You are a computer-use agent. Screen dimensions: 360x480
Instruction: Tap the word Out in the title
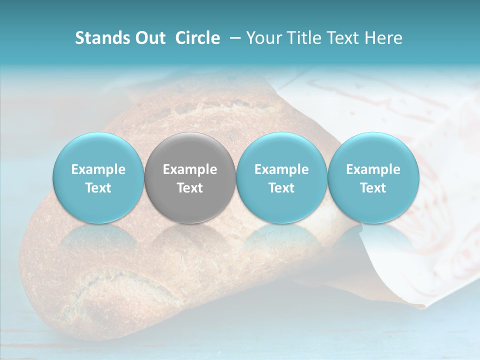[149, 38]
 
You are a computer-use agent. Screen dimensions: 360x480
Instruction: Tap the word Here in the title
[383, 38]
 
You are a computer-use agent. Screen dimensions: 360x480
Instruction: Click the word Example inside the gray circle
[190, 169]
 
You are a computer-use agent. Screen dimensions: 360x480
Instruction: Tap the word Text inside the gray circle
[190, 188]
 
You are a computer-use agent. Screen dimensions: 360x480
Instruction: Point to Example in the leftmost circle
[98, 169]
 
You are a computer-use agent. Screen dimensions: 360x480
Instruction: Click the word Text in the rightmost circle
[373, 188]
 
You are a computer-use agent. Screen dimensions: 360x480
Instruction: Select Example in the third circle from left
[281, 169]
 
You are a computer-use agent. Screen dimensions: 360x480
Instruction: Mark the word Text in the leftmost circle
[98, 188]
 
